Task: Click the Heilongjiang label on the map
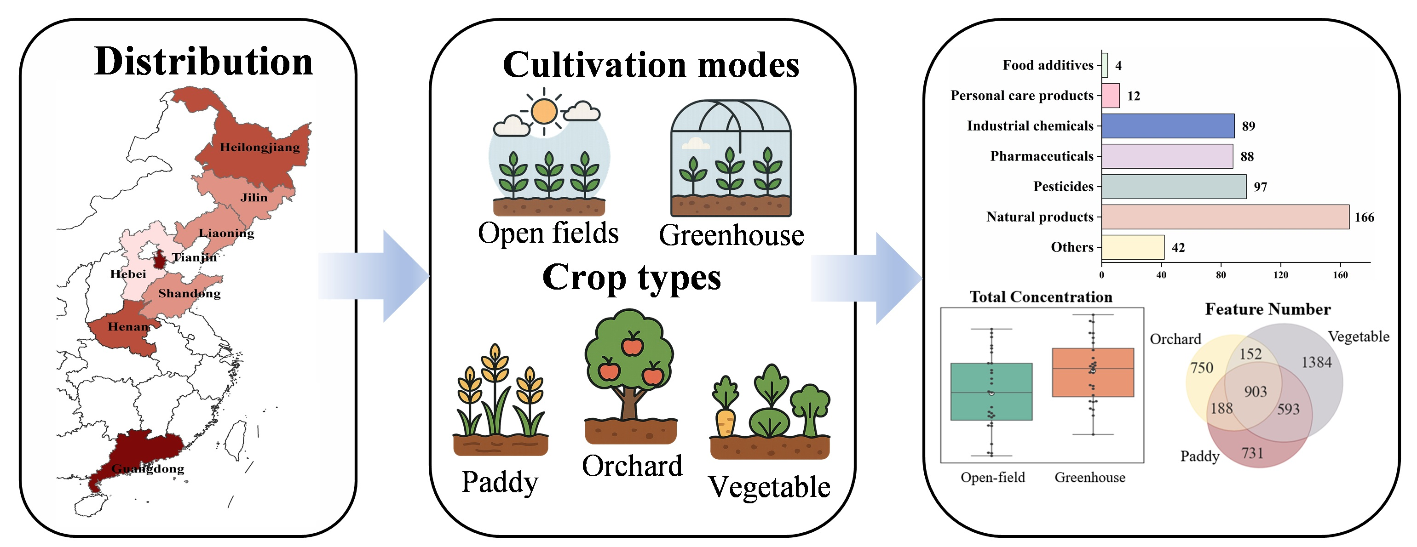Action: point(259,148)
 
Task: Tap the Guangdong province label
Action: point(147,468)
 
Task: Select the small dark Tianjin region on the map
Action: point(159,260)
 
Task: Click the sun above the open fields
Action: point(544,112)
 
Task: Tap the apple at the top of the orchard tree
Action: point(632,345)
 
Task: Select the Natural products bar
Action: point(1225,217)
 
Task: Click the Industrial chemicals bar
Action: point(1167,126)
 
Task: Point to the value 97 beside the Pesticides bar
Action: point(1260,187)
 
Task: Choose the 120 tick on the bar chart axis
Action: point(1280,275)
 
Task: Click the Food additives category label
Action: point(1048,65)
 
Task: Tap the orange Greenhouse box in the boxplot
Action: point(1093,372)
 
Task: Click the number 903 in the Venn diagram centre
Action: point(1255,392)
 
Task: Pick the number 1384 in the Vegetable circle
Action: point(1316,362)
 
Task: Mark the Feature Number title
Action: point(1267,309)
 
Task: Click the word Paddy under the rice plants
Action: point(500,483)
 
